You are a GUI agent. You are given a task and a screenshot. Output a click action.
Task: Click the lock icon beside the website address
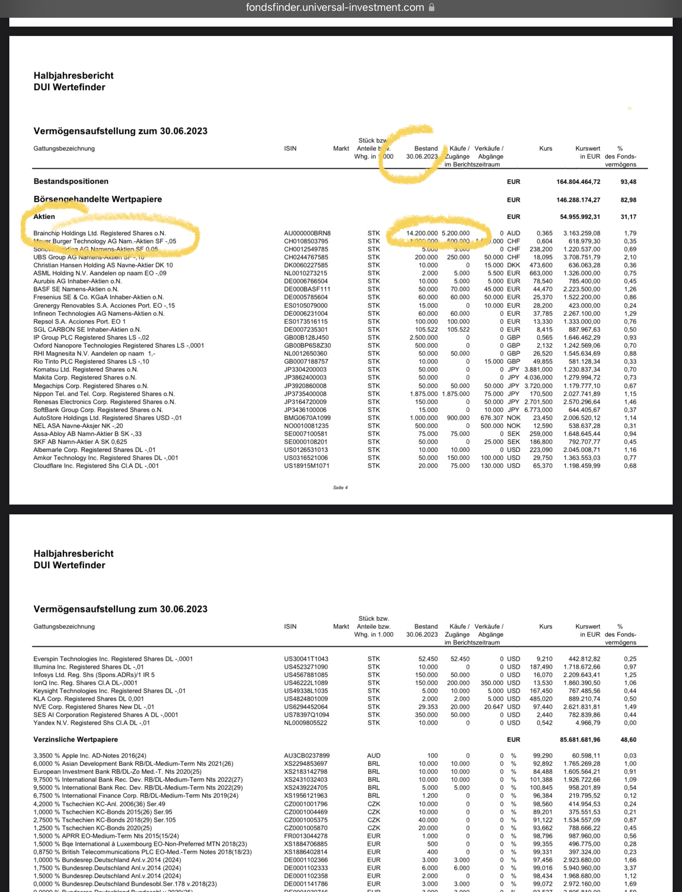pos(432,8)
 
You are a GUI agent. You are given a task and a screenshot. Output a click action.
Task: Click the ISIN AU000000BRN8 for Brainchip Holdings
pos(307,233)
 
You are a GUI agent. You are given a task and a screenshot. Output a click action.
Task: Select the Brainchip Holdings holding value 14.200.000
pos(421,233)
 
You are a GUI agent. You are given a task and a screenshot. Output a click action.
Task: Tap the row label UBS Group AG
pos(89,257)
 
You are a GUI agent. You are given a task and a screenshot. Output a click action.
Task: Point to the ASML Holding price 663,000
pos(541,273)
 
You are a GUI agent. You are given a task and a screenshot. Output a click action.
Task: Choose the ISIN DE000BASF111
pos(307,289)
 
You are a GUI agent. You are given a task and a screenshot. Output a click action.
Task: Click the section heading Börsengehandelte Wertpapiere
pos(98,199)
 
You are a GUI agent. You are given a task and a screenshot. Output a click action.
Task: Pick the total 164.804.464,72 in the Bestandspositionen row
pos(578,182)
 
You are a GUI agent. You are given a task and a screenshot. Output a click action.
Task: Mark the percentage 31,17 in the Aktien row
pos(628,217)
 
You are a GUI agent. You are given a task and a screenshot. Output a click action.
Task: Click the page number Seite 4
pos(340,488)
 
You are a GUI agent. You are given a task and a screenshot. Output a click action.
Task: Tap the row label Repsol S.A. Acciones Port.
pos(79,322)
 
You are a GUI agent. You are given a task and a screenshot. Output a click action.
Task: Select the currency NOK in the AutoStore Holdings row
pos(513,418)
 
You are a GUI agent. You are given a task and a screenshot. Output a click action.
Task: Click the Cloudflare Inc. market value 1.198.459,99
pos(582,466)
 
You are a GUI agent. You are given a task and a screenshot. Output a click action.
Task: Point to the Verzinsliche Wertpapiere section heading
pos(75,740)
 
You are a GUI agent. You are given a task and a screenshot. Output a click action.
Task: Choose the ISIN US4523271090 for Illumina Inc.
pos(306,667)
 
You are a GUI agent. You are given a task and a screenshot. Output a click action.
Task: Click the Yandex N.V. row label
pos(91,723)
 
